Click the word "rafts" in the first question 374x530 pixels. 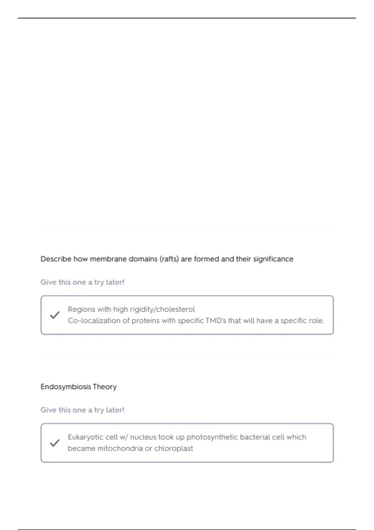click(x=169, y=259)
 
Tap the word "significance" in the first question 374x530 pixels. click(x=273, y=259)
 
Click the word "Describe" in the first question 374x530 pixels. click(x=56, y=259)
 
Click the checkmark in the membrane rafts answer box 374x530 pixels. click(x=55, y=315)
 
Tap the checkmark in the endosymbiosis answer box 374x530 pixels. click(x=55, y=443)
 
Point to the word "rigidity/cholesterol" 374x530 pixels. click(x=162, y=309)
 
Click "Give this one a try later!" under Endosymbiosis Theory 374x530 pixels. click(x=82, y=410)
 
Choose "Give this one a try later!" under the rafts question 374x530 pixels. click(x=82, y=282)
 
